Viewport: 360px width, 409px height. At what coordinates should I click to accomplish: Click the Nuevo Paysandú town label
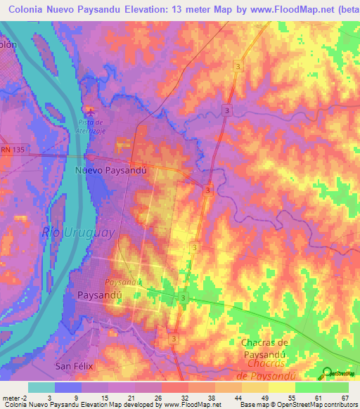tap(110, 170)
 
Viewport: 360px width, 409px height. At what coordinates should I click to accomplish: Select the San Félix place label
tap(74, 366)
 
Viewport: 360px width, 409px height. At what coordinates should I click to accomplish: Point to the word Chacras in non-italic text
tap(258, 342)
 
